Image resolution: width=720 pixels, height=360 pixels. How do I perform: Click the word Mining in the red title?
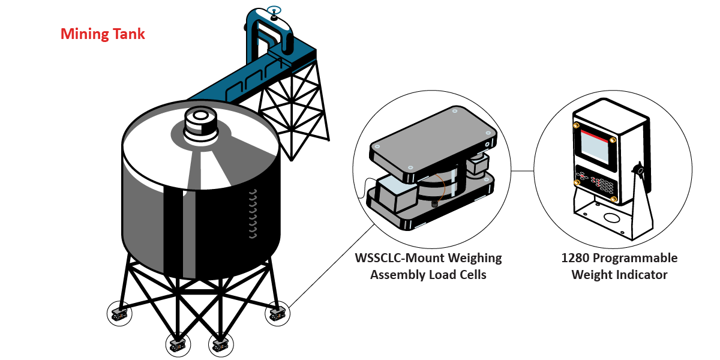tap(85, 34)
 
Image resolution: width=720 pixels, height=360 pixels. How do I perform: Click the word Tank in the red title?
tap(129, 34)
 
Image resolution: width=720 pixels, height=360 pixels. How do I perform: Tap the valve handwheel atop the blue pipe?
tap(274, 10)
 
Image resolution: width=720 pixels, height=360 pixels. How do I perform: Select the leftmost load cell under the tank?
tap(119, 314)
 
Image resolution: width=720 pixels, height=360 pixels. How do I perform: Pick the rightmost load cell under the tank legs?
tap(277, 313)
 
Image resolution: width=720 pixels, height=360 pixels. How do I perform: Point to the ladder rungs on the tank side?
tap(253, 214)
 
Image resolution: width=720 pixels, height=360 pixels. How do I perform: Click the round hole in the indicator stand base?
tap(611, 217)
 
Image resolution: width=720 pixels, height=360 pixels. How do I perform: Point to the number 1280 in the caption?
tap(575, 258)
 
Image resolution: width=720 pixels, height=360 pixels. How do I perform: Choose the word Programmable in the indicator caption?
tap(635, 259)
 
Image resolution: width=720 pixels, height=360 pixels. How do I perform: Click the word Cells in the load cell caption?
tap(473, 275)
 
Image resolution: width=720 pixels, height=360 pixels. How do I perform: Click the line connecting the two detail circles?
tap(523, 170)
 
